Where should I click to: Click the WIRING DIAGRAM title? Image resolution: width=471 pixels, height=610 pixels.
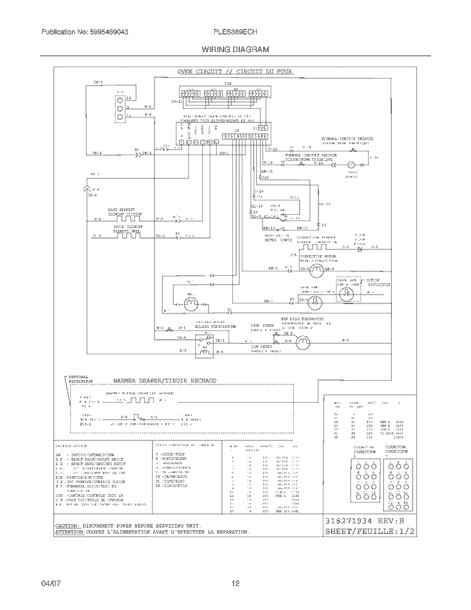235,48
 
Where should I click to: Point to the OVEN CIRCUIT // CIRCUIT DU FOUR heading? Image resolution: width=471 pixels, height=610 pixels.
235,72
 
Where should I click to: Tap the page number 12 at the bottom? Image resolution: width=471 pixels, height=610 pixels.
235,584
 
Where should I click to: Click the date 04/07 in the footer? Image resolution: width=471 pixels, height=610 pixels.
51,584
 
